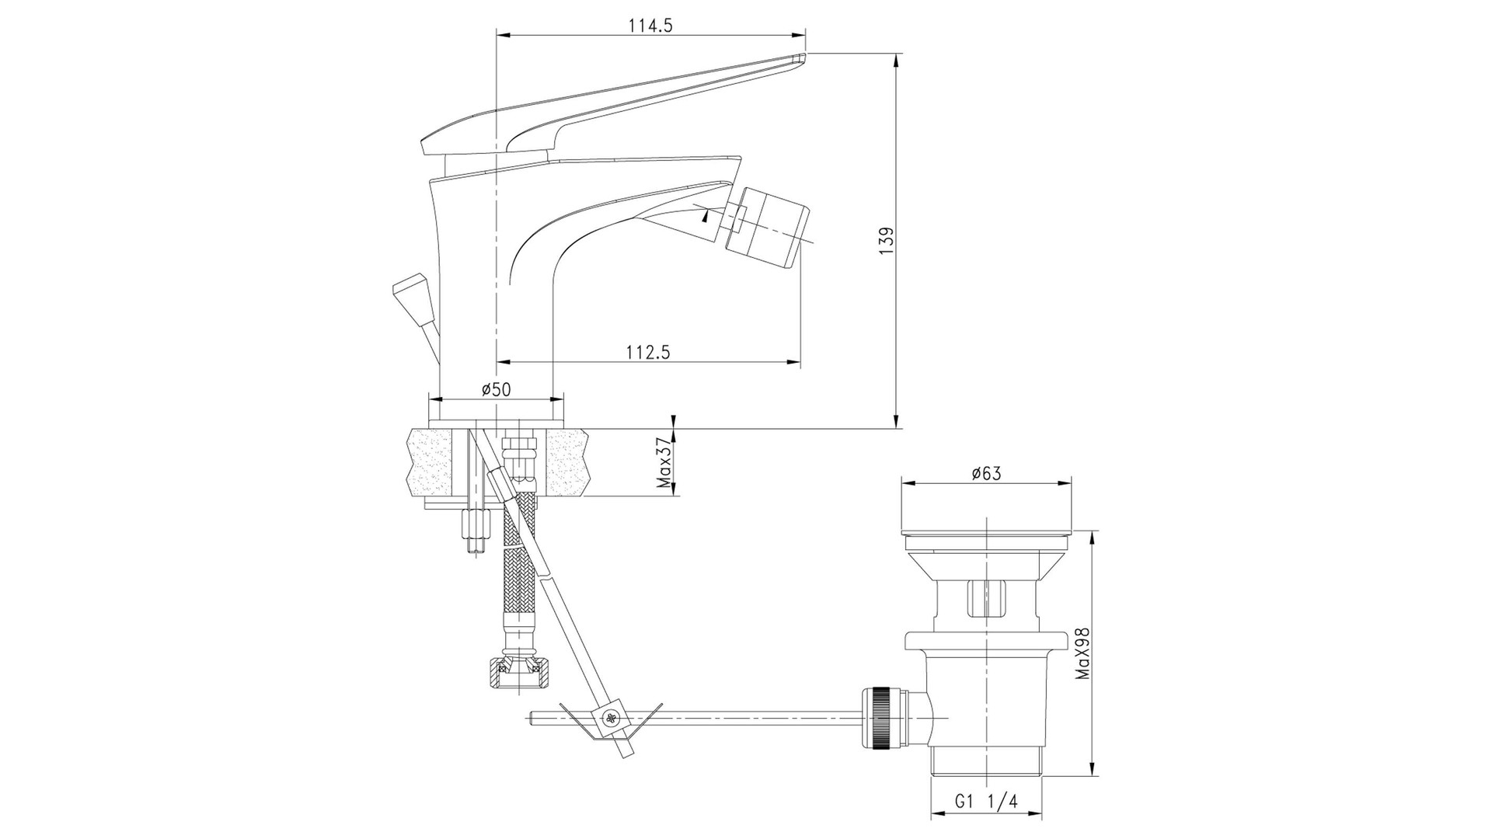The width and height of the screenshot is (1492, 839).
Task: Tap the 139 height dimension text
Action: [x=888, y=238]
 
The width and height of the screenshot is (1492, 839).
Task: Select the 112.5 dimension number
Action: [x=648, y=352]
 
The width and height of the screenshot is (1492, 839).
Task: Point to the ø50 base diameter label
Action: [x=496, y=389]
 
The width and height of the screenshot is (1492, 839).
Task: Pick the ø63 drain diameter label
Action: [x=986, y=473]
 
